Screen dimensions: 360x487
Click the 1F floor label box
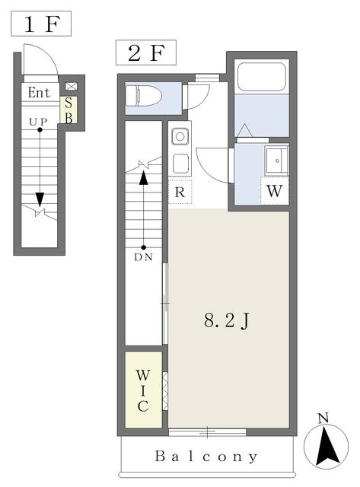[41, 24]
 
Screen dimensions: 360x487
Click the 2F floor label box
[146, 53]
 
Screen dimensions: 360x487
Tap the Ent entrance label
[39, 93]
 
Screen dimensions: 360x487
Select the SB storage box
[68, 110]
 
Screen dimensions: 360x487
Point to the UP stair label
[38, 122]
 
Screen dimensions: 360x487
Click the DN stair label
[144, 257]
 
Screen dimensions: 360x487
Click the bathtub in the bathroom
[262, 77]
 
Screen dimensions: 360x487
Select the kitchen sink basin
[180, 136]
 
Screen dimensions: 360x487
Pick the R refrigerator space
[180, 192]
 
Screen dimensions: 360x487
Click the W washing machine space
[275, 191]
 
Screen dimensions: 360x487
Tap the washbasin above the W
[276, 161]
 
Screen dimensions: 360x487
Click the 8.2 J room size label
[227, 320]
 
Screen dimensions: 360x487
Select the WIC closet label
[143, 390]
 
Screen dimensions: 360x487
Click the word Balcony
[206, 457]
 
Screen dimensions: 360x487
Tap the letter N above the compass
[323, 419]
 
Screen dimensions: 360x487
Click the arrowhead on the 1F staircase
[40, 199]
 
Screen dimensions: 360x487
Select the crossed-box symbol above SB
[71, 87]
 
